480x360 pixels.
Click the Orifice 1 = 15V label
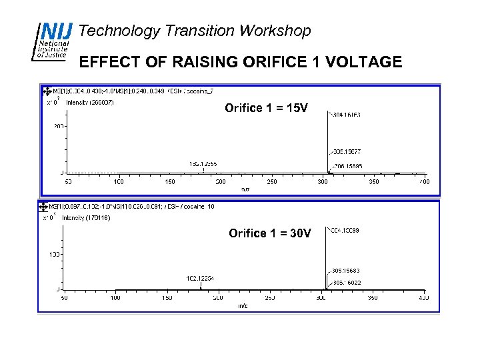coord(266,108)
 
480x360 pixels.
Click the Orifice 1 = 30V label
coord(269,233)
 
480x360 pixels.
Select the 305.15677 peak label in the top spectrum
coord(345,152)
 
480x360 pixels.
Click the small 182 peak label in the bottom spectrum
coord(201,278)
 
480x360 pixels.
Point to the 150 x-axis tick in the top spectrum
coord(169,181)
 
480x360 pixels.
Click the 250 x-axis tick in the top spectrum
coord(271,181)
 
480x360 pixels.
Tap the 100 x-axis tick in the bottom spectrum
coord(116,298)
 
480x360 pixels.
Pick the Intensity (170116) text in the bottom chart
coord(86,218)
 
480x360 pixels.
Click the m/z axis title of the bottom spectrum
coord(243,306)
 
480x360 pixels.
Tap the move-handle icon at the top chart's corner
coord(46,91)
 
